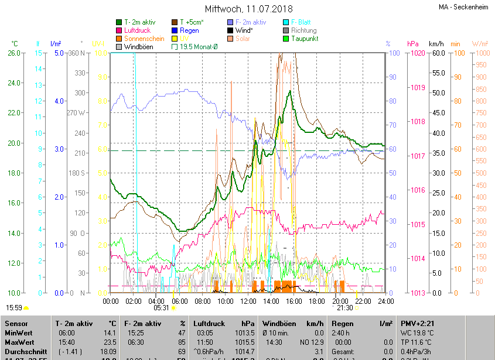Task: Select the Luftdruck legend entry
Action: [x=138, y=30]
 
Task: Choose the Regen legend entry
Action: [x=189, y=30]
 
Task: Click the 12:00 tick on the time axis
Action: [x=248, y=301]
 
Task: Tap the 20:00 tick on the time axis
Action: [x=340, y=301]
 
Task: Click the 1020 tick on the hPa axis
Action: [x=418, y=53]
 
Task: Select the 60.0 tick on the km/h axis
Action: [x=438, y=53]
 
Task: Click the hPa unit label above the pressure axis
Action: [x=412, y=44]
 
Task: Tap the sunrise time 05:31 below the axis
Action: [x=161, y=308]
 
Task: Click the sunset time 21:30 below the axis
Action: [x=345, y=308]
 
